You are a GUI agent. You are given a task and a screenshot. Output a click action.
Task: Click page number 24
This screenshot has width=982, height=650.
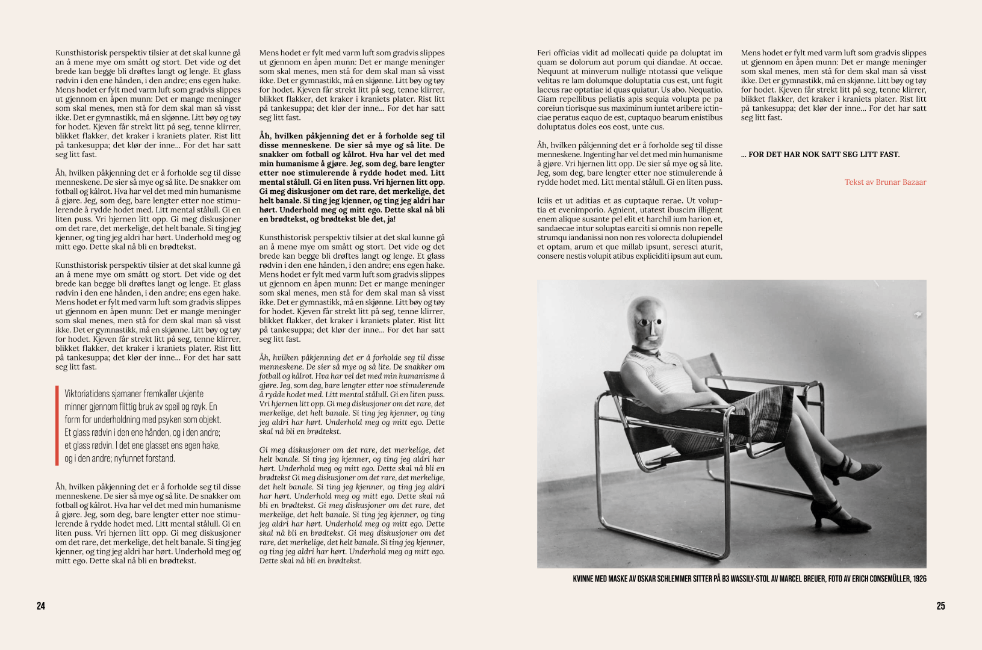[41, 606]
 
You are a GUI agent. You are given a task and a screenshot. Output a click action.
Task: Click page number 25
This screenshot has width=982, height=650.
[940, 606]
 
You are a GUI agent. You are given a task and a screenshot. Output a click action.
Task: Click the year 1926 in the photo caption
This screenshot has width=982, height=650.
[919, 579]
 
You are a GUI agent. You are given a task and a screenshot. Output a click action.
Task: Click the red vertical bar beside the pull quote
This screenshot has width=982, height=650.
[57, 426]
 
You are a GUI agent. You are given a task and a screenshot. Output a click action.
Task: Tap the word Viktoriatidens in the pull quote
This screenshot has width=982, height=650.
[89, 393]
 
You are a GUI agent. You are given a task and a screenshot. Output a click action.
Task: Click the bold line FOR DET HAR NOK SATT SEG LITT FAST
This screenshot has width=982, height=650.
[820, 155]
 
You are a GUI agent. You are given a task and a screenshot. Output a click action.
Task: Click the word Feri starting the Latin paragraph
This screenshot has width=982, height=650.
[544, 53]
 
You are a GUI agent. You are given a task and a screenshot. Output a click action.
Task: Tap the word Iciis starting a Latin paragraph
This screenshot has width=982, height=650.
[546, 200]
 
